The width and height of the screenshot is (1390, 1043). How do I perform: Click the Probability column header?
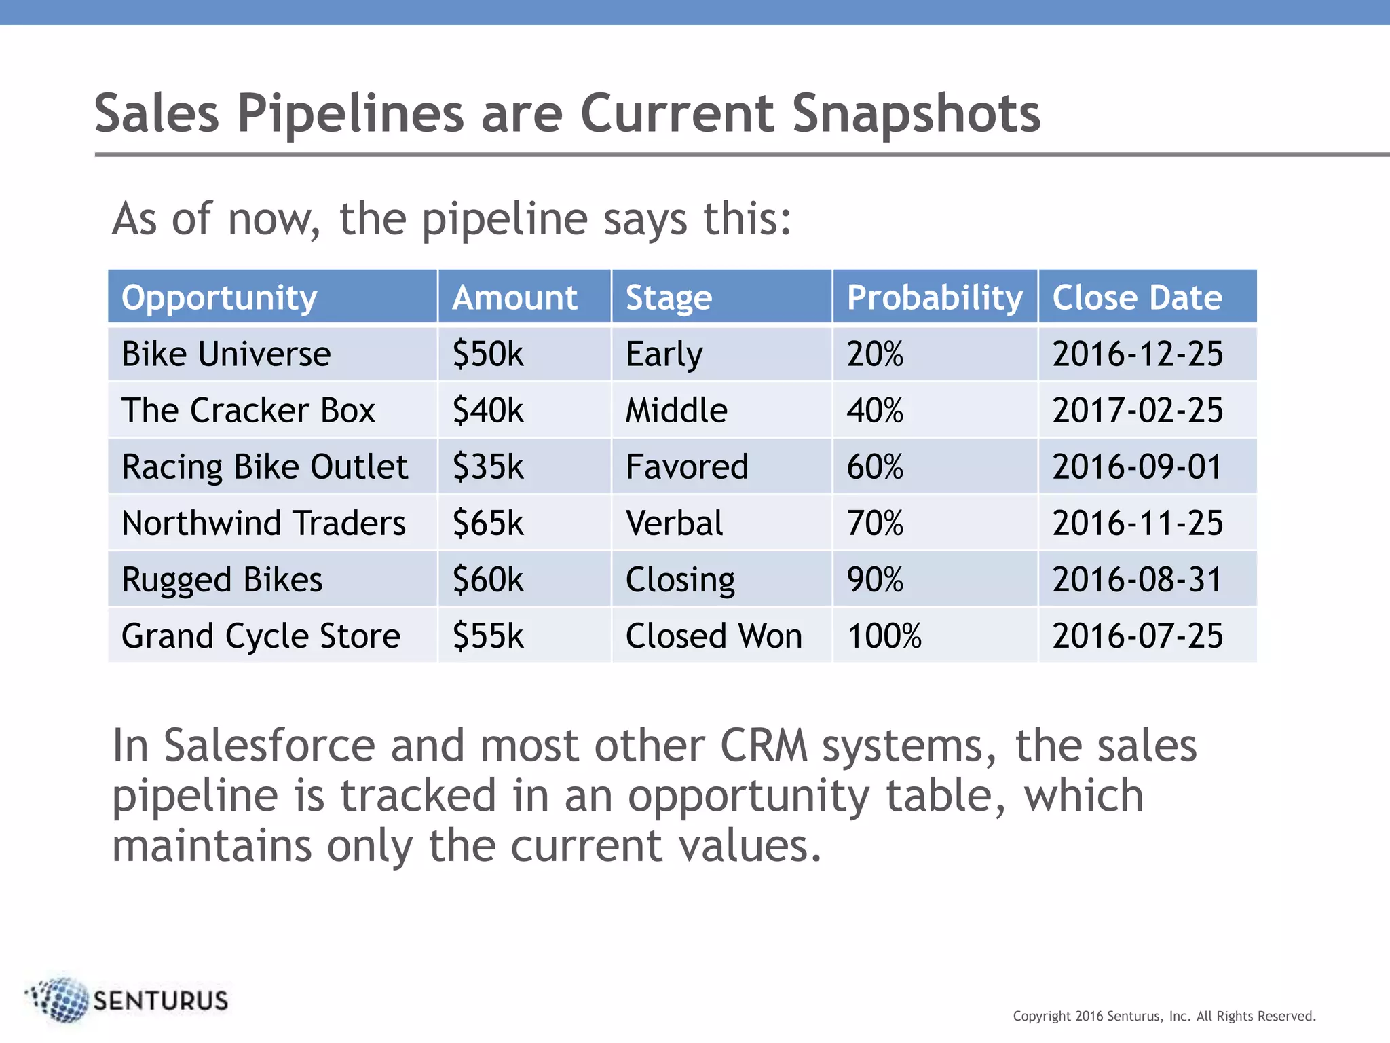[x=934, y=297]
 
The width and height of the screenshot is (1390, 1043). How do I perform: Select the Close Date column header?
[x=1137, y=297]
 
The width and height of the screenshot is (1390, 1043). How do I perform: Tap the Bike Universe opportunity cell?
[x=226, y=354]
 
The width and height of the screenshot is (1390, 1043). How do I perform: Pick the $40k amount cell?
[x=488, y=410]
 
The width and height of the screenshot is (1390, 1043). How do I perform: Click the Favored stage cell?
[x=686, y=466]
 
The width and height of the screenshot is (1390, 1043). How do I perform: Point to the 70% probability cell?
[x=874, y=523]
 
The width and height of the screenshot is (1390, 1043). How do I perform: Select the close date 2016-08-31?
[x=1137, y=579]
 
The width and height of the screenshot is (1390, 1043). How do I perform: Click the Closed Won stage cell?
[x=713, y=636]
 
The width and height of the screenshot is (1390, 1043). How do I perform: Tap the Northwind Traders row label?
[x=263, y=523]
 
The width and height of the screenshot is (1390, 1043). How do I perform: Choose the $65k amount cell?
[x=488, y=523]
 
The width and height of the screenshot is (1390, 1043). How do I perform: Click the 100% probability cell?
[x=884, y=636]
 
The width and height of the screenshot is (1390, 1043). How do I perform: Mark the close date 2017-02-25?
[x=1137, y=410]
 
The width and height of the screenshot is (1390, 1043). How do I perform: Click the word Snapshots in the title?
[x=916, y=113]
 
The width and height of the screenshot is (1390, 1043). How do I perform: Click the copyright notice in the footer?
[x=1164, y=1016]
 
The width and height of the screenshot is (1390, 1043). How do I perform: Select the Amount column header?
[x=514, y=297]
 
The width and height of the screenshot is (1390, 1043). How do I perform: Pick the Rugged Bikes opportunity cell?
[x=222, y=579]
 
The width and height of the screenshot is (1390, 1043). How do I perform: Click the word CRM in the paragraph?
[x=764, y=746]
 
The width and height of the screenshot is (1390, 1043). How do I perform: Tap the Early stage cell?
[x=664, y=354]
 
